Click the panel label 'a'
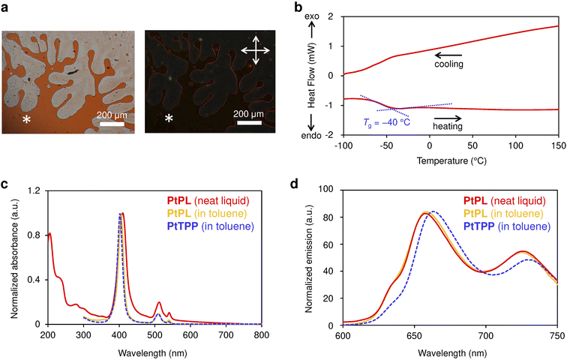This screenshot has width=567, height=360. (6, 7)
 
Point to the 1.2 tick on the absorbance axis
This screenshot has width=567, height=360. (34, 190)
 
